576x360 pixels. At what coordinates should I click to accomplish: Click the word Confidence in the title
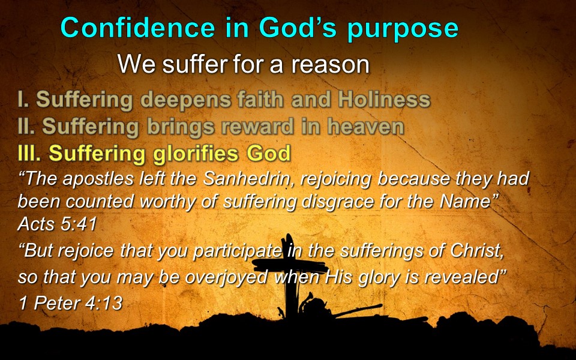pyautogui.click(x=138, y=28)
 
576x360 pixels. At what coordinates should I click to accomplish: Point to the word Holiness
pyautogui.click(x=384, y=99)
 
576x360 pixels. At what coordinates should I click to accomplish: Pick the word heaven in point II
pyautogui.click(x=365, y=127)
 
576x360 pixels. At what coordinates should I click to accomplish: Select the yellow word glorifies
pyautogui.click(x=196, y=154)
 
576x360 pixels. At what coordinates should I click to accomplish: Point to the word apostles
pyautogui.click(x=98, y=179)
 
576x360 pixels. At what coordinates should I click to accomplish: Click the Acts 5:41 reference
pyautogui.click(x=58, y=224)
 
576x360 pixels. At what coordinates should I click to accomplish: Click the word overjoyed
pyautogui.click(x=226, y=278)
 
